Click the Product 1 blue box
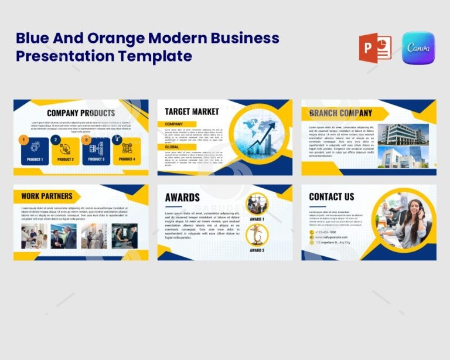tap(35, 151)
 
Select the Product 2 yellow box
tap(65, 151)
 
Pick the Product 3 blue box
tap(96, 151)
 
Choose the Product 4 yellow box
tap(127, 151)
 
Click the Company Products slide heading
tap(81, 113)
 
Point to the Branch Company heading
tap(340, 113)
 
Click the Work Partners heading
tap(47, 196)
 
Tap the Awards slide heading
tap(182, 198)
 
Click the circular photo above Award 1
tap(257, 204)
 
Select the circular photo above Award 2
tap(257, 235)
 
